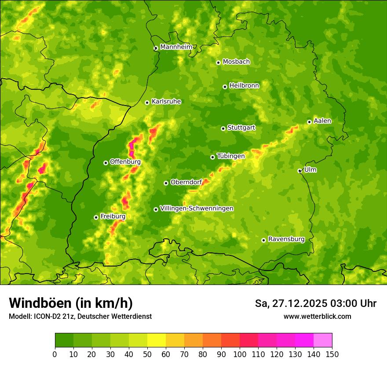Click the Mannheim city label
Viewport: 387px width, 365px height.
(x=176, y=47)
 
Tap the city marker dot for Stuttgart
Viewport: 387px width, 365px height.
(x=223, y=128)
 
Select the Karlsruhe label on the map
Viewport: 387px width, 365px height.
(x=166, y=102)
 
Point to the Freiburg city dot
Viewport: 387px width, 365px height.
(x=96, y=217)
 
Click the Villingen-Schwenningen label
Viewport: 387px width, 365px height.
(x=197, y=208)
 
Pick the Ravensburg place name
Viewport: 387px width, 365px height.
(x=286, y=239)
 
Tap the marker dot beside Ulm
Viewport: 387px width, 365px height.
(x=300, y=171)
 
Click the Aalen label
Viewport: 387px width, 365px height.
(x=322, y=121)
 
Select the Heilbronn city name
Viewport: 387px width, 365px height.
(x=244, y=86)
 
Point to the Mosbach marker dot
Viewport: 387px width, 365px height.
(x=218, y=62)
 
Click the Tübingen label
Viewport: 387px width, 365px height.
(x=231, y=156)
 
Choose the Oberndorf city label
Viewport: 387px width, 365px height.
(x=186, y=182)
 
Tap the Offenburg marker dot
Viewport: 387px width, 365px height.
(x=106, y=163)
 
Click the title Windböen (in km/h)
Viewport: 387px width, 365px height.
(x=71, y=303)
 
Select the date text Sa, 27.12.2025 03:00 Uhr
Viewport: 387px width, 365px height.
(x=315, y=303)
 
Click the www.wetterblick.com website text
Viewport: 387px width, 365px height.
(x=317, y=316)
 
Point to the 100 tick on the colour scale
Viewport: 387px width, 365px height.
(x=240, y=354)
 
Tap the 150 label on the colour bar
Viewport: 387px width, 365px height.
(x=332, y=354)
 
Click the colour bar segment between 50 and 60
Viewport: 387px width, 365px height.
(x=157, y=340)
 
